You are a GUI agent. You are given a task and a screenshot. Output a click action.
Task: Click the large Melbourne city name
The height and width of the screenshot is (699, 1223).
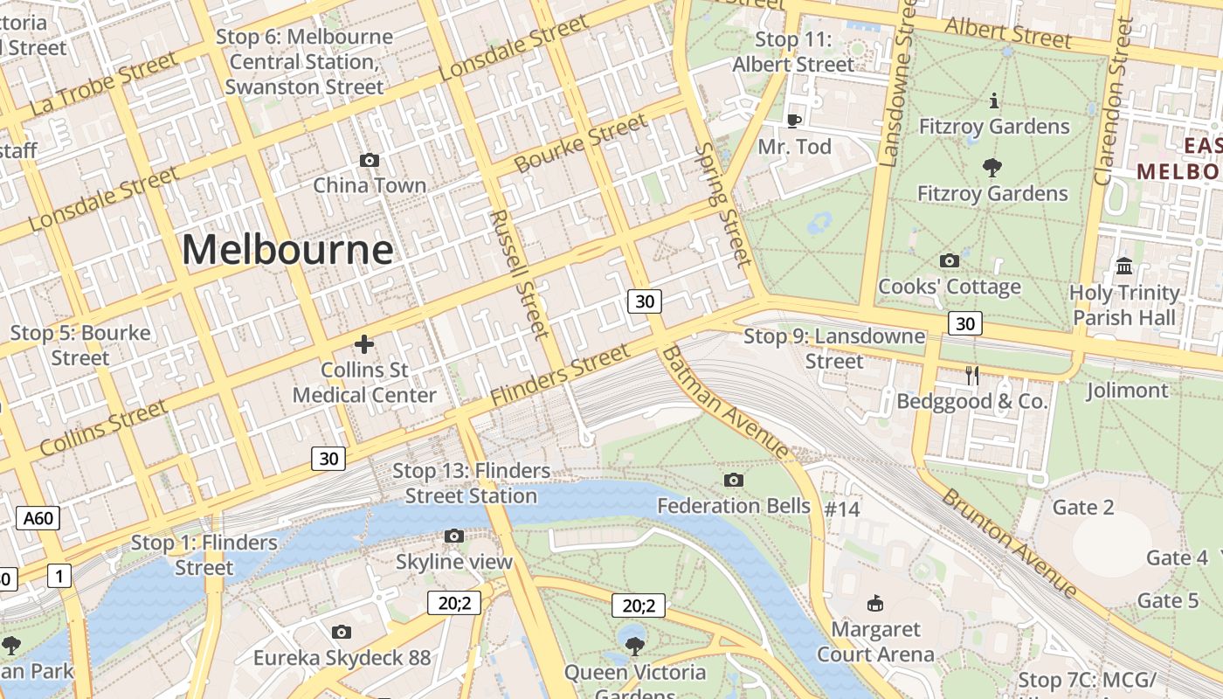pos(287,250)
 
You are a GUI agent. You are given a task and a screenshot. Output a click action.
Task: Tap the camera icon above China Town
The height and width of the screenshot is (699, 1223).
pos(370,160)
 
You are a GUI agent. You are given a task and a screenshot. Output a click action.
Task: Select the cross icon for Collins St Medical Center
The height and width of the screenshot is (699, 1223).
pos(364,344)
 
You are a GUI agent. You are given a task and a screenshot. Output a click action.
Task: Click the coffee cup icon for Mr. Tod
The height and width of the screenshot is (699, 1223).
pos(793,121)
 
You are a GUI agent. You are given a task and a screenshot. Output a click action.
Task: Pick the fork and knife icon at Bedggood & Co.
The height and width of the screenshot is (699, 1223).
pos(971,376)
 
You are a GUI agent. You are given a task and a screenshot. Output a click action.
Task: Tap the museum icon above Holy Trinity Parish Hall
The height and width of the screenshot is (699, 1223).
pos(1124,266)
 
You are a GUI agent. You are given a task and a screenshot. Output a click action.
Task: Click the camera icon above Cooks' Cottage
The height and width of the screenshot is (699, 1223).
pos(949,260)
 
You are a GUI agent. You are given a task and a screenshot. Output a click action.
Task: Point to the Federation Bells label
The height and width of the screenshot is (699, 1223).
pos(734,506)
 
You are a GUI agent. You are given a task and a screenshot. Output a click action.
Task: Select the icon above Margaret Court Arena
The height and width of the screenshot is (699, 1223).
pos(874,603)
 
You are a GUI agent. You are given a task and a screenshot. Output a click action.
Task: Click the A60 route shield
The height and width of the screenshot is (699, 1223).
pos(38,518)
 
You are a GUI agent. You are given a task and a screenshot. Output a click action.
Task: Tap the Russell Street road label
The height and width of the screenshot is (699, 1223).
pos(520,273)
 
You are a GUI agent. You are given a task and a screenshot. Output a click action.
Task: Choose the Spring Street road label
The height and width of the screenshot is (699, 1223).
pos(722,204)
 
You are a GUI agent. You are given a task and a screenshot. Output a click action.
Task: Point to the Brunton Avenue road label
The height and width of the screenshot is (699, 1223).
pos(1010,540)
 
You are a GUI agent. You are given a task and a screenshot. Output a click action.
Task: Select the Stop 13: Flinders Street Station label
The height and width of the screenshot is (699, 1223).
pos(471,483)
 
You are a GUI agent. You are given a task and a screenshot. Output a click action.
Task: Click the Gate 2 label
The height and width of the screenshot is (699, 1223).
pos(1083,508)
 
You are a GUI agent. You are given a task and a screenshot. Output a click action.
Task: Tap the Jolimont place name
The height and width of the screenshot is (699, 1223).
pos(1127,390)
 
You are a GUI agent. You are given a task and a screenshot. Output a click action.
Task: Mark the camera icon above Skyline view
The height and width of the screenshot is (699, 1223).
pos(453,536)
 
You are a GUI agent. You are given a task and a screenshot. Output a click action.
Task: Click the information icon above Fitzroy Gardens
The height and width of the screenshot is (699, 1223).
pos(993,101)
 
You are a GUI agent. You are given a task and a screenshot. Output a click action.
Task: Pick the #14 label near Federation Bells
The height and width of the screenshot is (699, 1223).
pos(842,509)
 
